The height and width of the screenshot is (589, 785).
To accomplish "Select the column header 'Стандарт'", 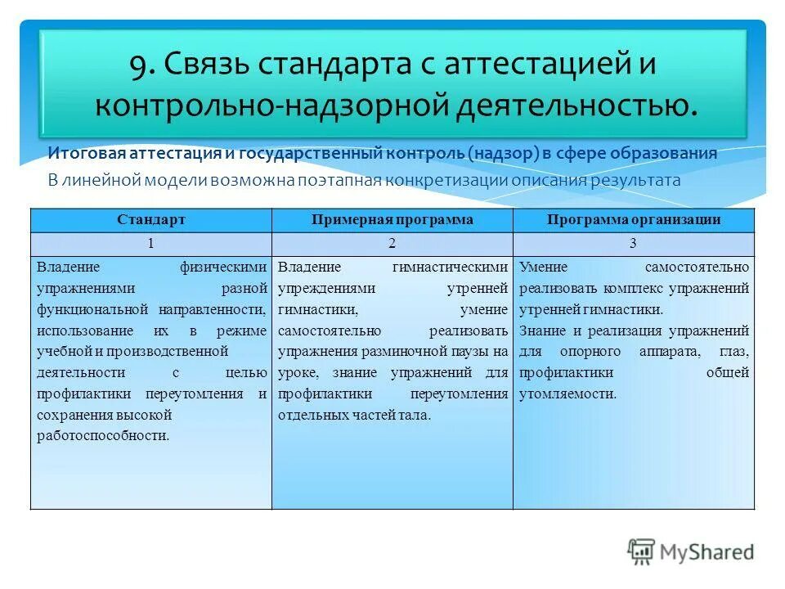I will (151, 220).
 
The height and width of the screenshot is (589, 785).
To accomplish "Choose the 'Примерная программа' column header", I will (392, 220).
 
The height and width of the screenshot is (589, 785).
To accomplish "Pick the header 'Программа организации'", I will (634, 220).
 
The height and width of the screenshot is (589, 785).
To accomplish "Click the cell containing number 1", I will (151, 244).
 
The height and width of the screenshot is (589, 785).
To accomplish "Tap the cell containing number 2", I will (392, 244).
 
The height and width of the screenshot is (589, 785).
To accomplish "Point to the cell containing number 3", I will (634, 244).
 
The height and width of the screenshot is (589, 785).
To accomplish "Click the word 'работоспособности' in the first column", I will (102, 436).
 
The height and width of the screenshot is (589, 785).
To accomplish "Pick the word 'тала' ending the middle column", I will (414, 415).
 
